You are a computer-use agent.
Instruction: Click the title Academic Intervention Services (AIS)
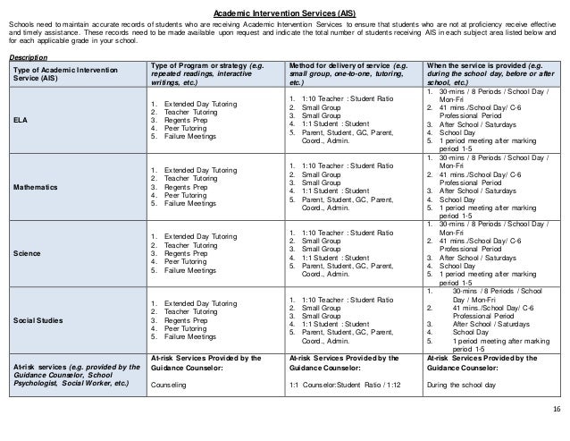[x=285, y=14]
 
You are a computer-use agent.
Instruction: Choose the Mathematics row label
[x=33, y=189]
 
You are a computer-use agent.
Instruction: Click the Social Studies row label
[x=35, y=319]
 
